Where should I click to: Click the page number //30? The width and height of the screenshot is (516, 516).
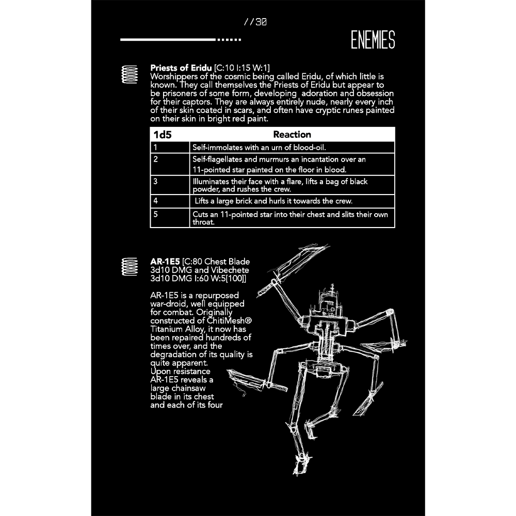click(x=255, y=22)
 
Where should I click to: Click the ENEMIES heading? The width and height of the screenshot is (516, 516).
click(x=373, y=40)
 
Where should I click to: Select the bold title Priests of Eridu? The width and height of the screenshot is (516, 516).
click(x=181, y=68)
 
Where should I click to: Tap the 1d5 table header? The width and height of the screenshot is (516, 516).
click(x=163, y=135)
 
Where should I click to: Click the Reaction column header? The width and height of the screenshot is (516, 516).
click(x=292, y=134)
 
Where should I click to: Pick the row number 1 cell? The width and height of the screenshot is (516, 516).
click(x=170, y=147)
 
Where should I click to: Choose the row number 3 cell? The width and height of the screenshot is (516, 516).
click(x=170, y=185)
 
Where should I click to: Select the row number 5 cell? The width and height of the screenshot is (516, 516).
click(x=170, y=218)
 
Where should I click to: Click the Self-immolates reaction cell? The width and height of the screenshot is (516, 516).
click(x=292, y=147)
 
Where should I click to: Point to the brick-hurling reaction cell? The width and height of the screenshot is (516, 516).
click(x=292, y=201)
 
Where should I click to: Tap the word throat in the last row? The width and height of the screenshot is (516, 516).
click(x=203, y=222)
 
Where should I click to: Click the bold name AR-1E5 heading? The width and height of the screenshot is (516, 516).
click(x=165, y=262)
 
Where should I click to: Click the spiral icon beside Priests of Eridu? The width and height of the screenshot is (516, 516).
click(x=130, y=74)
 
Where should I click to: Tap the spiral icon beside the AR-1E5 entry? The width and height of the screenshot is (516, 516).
click(x=130, y=267)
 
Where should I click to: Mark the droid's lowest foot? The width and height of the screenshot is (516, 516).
click(x=301, y=464)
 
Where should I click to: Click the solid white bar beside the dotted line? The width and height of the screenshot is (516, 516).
click(x=168, y=40)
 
